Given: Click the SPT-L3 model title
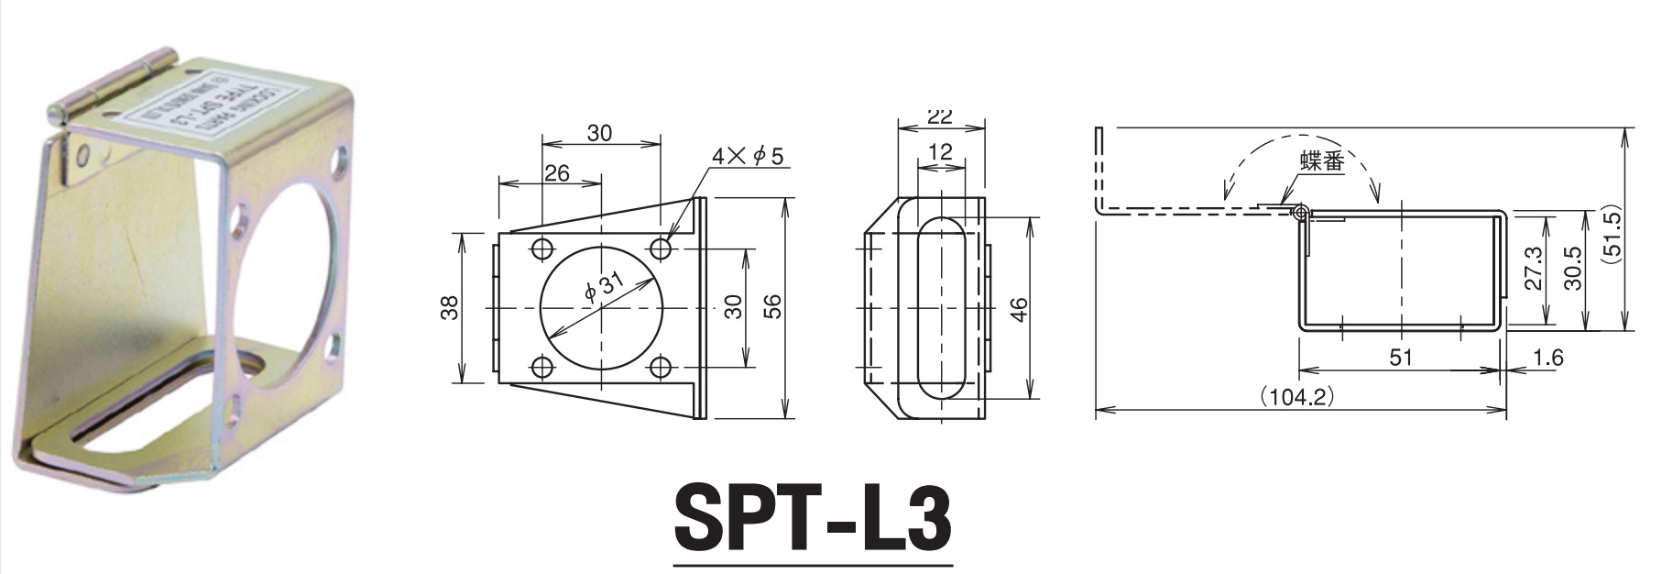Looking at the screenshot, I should pos(813,521).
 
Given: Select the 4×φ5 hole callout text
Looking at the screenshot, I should pos(749,157).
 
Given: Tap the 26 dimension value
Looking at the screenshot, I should pos(556,172).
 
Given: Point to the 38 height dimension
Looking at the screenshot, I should pos(449,309).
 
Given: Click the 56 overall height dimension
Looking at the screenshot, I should pos(774,309).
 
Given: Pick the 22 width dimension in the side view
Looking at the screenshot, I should pos(940,116).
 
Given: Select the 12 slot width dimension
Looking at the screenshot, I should pos(940,151).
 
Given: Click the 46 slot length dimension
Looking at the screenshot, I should pos(1019,309).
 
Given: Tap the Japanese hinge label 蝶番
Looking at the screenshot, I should pos(1320,162).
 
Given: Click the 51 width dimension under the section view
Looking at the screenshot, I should pos(1401,358).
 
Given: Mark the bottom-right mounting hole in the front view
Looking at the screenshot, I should pos(661,369).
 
